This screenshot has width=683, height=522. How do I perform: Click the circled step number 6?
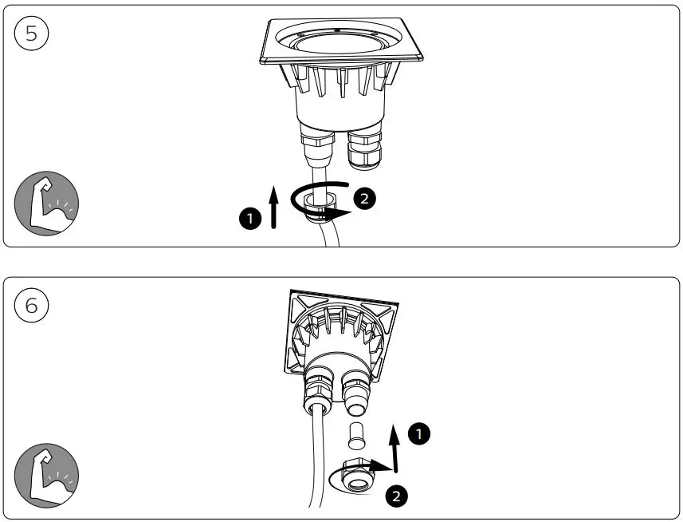pos(31,305)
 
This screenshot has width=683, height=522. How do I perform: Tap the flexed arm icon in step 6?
pos(46,477)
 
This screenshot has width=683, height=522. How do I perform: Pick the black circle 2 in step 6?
pos(396,496)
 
